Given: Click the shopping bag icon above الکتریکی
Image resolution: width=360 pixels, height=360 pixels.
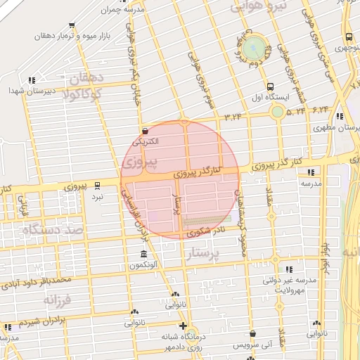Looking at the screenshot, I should coord(145,130).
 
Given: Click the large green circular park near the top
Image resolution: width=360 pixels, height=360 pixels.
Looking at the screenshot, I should coord(256,48).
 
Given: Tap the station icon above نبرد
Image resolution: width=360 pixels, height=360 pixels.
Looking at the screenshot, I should coord(97,186).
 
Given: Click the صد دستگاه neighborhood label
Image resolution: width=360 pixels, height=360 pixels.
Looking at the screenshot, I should coord(53,229).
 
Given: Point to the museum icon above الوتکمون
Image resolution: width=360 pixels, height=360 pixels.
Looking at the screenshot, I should coord(143,255).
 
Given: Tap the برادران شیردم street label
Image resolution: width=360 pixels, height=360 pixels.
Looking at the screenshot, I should coord(30,321).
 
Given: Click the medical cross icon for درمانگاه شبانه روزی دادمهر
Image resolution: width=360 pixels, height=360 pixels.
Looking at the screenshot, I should coord(183,326).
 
